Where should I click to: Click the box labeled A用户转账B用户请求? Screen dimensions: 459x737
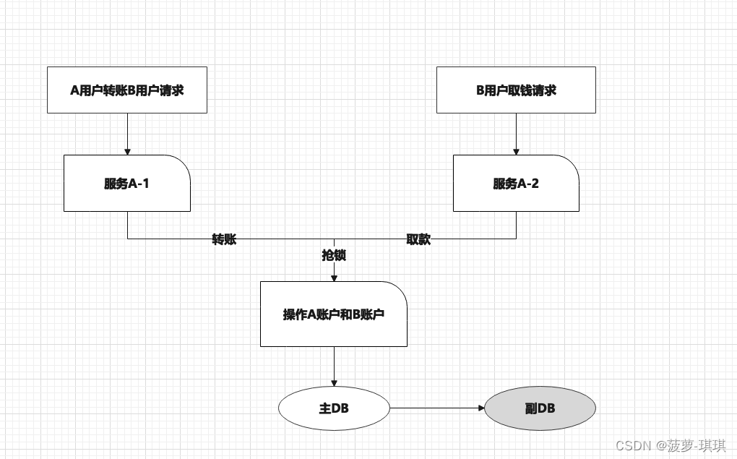[x=127, y=90]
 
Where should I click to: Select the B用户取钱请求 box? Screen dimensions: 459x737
[x=516, y=90]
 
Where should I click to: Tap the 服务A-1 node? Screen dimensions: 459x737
[x=127, y=184]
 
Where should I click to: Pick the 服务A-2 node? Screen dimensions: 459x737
[x=516, y=184]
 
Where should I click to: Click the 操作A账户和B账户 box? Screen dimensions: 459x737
[x=334, y=314]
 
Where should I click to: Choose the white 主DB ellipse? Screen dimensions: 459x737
[x=334, y=408]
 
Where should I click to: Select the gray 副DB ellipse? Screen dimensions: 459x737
[x=540, y=408]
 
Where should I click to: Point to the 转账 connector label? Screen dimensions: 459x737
[x=224, y=239]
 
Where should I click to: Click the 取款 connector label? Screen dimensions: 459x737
[x=418, y=239]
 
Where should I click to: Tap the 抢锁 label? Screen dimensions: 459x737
[x=334, y=255]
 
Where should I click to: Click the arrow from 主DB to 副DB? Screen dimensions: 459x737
[x=436, y=408]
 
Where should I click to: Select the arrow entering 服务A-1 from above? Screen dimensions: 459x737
[x=127, y=134]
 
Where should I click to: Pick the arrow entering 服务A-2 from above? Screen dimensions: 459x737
[x=516, y=134]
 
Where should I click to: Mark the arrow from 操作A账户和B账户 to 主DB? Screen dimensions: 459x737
[x=334, y=366]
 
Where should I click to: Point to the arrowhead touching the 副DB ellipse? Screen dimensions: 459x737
[x=480, y=408]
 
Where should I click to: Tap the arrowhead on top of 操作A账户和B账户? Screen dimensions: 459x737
[x=334, y=278]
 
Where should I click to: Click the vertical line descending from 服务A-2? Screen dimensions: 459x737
[x=516, y=225]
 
